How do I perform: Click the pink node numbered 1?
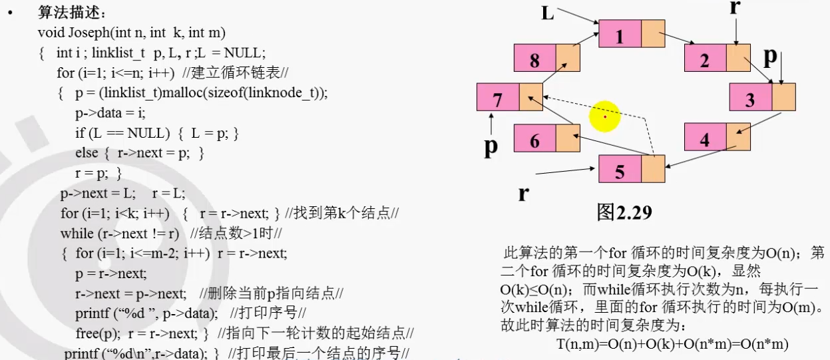tap(620, 34)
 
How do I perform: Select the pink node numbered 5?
tap(620, 169)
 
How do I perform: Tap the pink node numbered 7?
tap(498, 97)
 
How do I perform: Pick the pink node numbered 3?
tap(751, 97)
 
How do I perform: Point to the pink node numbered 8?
tap(534, 58)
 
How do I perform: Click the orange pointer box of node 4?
tap(738, 137)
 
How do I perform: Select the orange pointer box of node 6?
tap(568, 138)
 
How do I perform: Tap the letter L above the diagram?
tap(547, 13)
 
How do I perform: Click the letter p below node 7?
tap(491, 148)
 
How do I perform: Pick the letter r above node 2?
tap(735, 7)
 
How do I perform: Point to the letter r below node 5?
tap(523, 194)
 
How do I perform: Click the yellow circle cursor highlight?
tap(605, 116)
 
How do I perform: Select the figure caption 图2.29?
tap(624, 212)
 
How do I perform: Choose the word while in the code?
tap(77, 234)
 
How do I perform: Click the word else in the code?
tap(87, 152)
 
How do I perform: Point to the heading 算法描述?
tap(69, 13)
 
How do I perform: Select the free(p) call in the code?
tap(99, 333)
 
